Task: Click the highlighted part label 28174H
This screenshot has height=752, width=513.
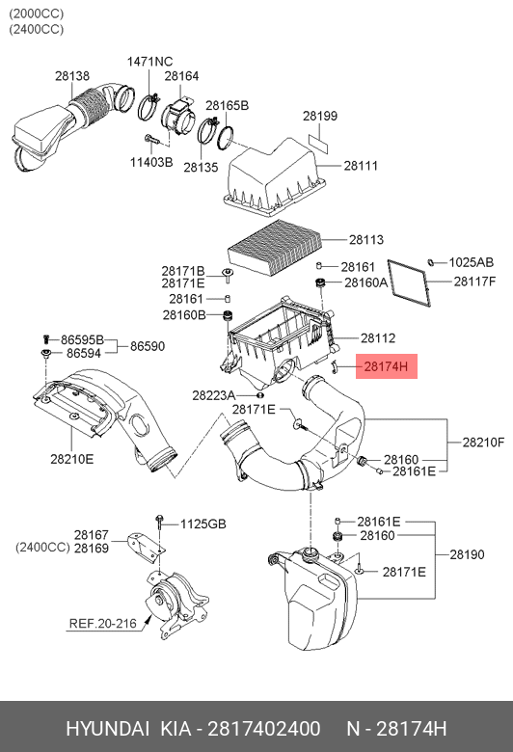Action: point(386,367)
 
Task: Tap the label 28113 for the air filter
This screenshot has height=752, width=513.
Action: point(366,239)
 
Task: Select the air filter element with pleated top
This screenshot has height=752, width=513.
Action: point(274,247)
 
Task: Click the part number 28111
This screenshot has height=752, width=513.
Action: point(361,166)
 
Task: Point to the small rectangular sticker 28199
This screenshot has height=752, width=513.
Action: point(319,144)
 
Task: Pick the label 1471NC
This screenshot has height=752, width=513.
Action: point(149,62)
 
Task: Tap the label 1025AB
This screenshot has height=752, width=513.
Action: point(471,262)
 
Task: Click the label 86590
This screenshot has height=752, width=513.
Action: point(148,346)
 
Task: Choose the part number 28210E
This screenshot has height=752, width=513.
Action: point(72,459)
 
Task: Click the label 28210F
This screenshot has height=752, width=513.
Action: point(483,443)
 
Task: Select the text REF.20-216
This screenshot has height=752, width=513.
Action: point(102,624)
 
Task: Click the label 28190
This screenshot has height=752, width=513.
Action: point(467,554)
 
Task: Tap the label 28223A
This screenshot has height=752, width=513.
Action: point(213,395)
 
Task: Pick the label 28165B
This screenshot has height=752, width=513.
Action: point(227,105)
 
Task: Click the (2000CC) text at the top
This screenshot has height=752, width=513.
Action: point(36,13)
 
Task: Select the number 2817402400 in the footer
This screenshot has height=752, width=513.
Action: point(264,729)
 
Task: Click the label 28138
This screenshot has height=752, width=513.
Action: point(72,76)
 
